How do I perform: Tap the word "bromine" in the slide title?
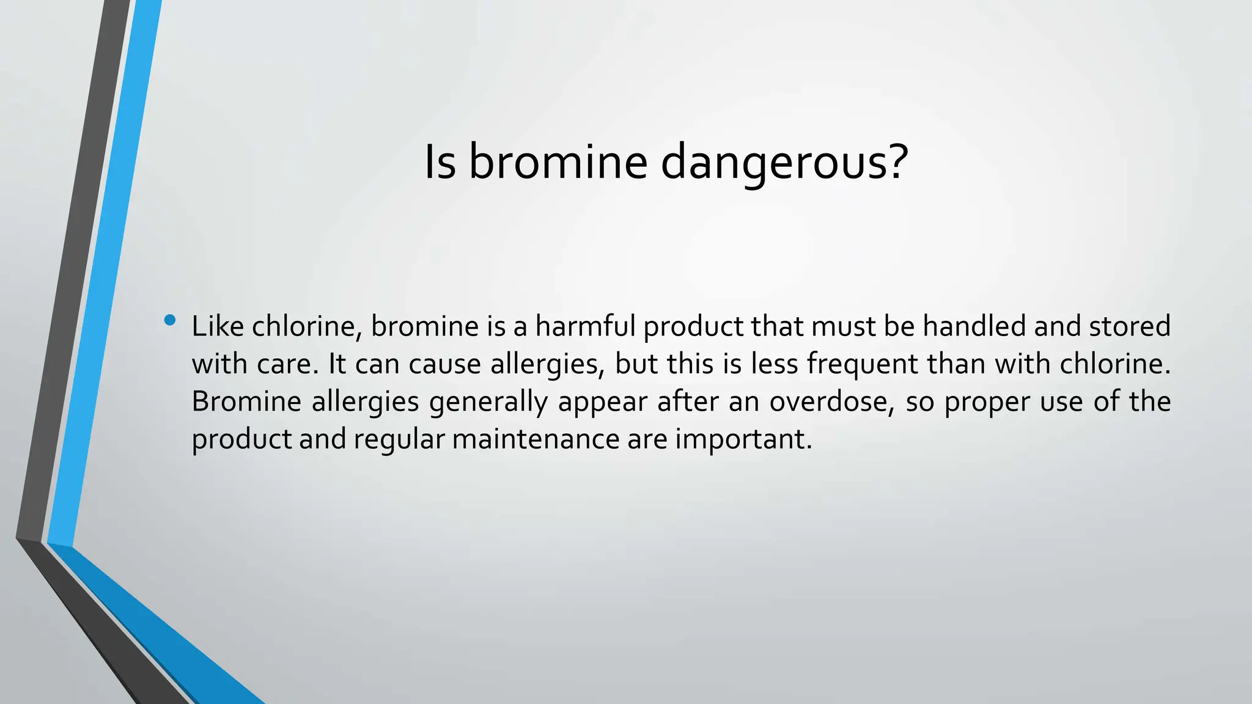(x=558, y=163)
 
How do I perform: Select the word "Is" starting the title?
(x=440, y=163)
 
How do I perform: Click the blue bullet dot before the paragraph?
(x=170, y=320)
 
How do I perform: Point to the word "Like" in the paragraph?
(x=217, y=326)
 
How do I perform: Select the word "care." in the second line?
(x=288, y=364)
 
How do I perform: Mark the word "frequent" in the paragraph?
(x=862, y=364)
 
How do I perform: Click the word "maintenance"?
(x=536, y=439)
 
